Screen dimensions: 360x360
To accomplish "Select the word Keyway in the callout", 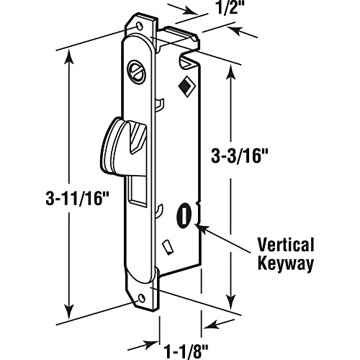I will pyautogui.click(x=287, y=264).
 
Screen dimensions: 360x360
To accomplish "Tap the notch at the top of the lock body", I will pyautogui.click(x=190, y=51).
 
